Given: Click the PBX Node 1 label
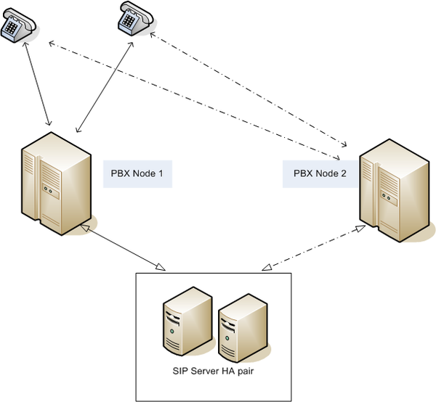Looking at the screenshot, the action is coord(137,173).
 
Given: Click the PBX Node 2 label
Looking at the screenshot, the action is coord(320,173).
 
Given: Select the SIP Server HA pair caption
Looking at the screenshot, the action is coord(213,372).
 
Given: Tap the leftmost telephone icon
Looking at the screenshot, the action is coord(18,25).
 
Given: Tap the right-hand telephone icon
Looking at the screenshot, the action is coord(136,18).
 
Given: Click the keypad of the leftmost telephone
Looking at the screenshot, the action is coord(12,28).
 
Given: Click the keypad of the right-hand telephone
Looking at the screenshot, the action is coord(129,20).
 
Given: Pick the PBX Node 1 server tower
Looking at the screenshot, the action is coord(57,184).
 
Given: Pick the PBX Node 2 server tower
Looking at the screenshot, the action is coord(395,190).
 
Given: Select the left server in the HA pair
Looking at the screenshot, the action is coord(187,321).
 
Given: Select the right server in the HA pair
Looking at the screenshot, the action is coord(243,328).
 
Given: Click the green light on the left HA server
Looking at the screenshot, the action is coord(172,331).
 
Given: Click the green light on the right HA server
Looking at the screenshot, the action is coord(227,338).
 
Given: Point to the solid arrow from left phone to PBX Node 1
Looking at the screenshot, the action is coord(38,83).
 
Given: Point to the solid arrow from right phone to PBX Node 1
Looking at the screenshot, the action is coord(105,87).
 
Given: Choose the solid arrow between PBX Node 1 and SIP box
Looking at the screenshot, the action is coord(123,247).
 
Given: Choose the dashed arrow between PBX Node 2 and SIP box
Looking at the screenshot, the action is coord(313,248).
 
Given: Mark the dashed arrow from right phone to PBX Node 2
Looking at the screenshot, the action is coord(249,89).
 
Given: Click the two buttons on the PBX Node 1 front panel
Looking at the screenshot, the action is coord(48,190).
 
